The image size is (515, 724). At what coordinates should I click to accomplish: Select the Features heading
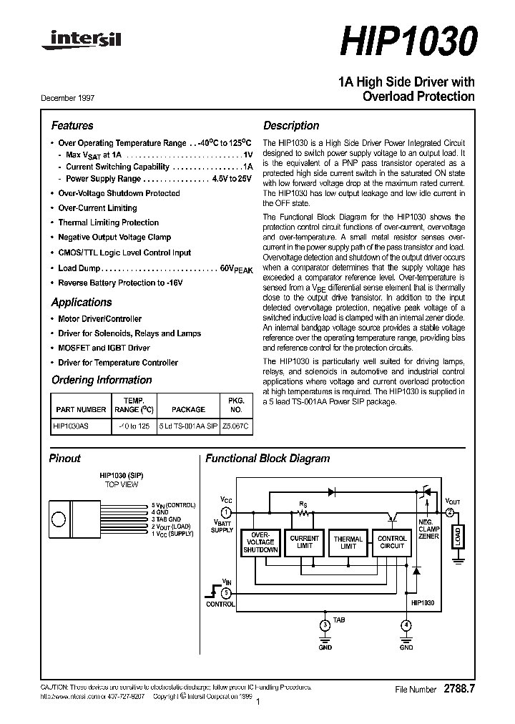[x=72, y=125]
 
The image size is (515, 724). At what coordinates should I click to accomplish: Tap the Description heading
[x=291, y=125]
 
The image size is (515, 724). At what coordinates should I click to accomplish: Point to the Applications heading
[x=81, y=302]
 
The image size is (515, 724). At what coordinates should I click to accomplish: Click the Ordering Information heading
[x=102, y=380]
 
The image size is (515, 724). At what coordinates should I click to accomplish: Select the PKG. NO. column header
[x=236, y=405]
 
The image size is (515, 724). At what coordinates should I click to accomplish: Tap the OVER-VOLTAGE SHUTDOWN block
[x=260, y=542]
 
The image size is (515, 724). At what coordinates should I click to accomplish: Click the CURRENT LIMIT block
[x=304, y=542]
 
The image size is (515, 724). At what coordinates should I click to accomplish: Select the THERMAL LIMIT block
[x=348, y=542]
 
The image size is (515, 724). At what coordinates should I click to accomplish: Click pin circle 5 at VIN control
[x=226, y=592]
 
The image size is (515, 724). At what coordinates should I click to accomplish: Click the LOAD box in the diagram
[x=457, y=537]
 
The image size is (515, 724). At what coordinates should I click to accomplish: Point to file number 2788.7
[x=459, y=688]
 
